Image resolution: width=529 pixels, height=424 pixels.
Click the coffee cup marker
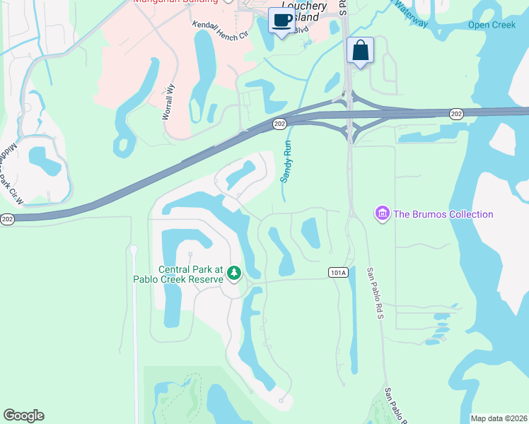tap(281, 20)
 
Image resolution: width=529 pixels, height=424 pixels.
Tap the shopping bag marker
tap(360, 51)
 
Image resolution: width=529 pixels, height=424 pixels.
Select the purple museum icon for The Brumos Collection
tap(383, 213)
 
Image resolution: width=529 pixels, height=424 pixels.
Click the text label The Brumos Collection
tap(443, 214)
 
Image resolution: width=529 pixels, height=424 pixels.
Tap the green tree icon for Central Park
tap(233, 272)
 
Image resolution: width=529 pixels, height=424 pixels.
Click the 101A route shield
tap(339, 273)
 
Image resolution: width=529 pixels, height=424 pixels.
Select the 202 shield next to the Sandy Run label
tap(280, 124)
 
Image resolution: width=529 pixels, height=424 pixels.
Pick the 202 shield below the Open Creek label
tap(457, 113)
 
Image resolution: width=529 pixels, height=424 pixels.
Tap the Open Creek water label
tap(492, 25)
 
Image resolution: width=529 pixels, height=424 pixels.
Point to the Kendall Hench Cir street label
tap(221, 29)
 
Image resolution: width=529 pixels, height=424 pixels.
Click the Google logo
tap(23, 416)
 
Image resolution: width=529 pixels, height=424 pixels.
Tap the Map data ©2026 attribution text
tap(499, 418)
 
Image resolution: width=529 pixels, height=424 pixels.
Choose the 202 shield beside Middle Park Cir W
tap(7, 220)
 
